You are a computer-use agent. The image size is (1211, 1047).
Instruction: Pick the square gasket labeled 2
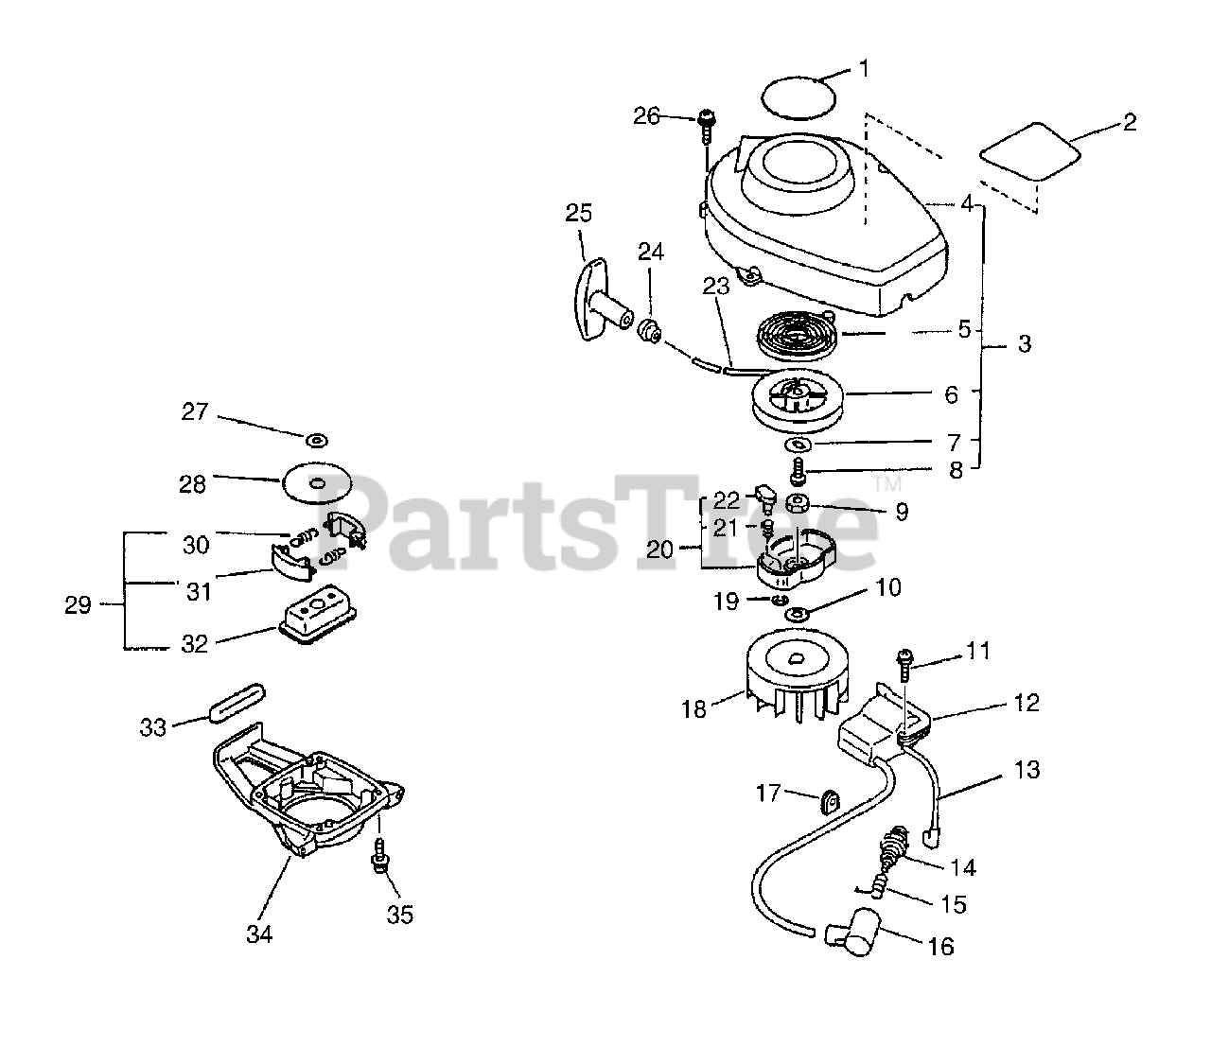(x=1029, y=151)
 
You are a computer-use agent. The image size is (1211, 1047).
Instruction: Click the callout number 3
(x=1025, y=344)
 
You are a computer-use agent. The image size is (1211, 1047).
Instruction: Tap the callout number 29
(x=78, y=605)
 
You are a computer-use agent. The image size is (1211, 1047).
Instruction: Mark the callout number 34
(x=259, y=934)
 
